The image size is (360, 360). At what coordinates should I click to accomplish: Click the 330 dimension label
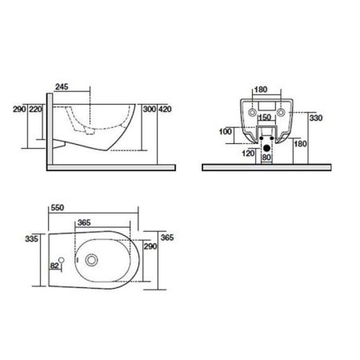(317, 118)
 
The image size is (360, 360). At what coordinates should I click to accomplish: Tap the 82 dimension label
(55, 265)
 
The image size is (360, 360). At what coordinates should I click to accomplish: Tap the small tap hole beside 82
(70, 260)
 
